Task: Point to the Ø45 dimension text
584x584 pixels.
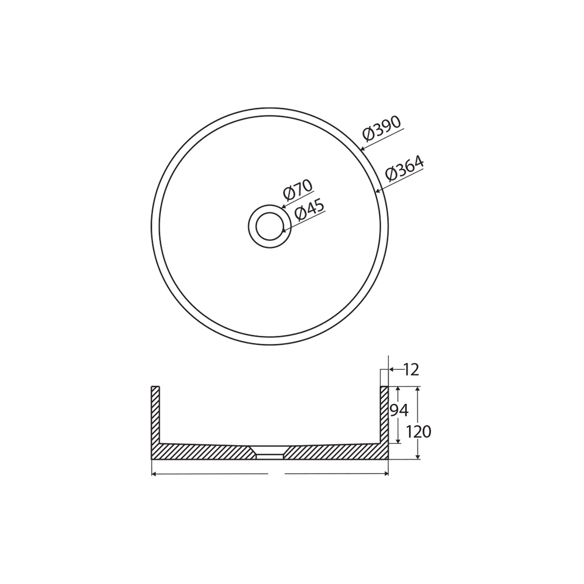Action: pyautogui.click(x=309, y=209)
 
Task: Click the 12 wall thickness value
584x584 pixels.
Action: pyautogui.click(x=411, y=370)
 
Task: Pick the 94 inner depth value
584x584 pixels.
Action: pyautogui.click(x=399, y=410)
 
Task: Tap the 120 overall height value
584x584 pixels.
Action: pyautogui.click(x=418, y=432)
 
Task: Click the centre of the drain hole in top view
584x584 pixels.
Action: pyautogui.click(x=270, y=226)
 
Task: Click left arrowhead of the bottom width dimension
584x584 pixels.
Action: pyautogui.click(x=154, y=474)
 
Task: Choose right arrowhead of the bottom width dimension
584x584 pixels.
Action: pyautogui.click(x=386, y=474)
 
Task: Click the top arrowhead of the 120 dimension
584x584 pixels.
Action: pyautogui.click(x=417, y=389)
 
